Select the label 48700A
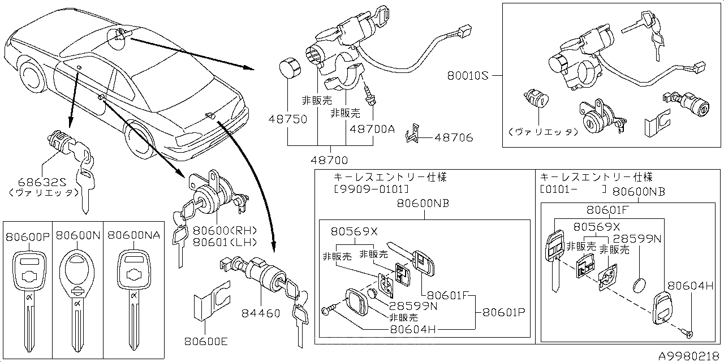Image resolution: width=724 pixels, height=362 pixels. pos(372,129)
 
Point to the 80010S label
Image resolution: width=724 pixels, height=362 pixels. pos(467,75)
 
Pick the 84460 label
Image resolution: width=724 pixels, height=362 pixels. pos(261,313)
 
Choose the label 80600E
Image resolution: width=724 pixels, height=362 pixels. pos(206,341)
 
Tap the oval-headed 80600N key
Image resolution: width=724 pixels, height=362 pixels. pos(76,294)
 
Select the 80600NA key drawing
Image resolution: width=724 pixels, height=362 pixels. pos(131,294)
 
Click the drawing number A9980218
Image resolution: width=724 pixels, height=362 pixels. pos(689,355)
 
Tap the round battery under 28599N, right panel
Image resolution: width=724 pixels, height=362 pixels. pos(638,284)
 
